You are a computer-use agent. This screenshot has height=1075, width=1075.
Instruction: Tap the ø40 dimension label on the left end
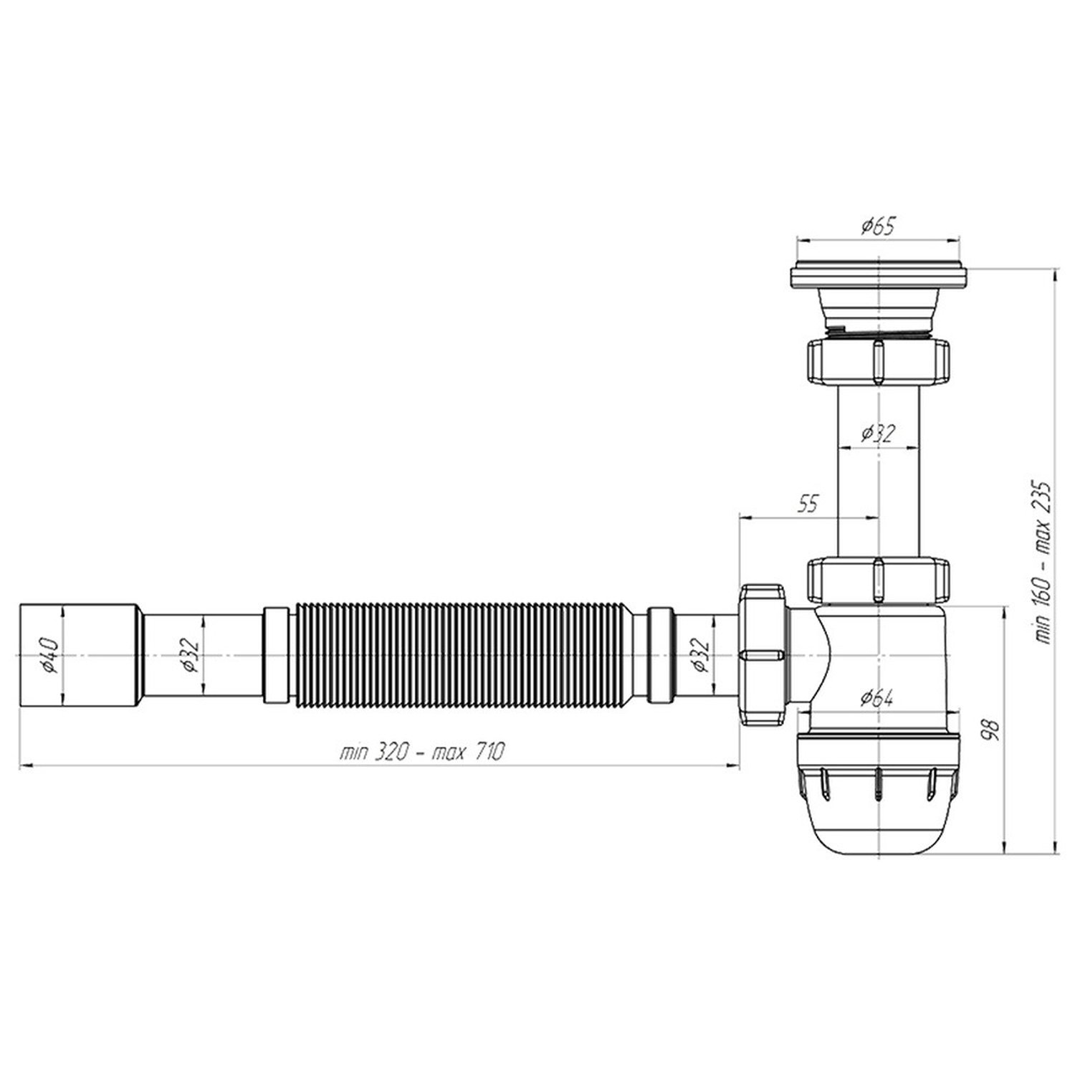[x=51, y=654]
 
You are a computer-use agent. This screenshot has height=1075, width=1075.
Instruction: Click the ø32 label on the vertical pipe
[x=877, y=433]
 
